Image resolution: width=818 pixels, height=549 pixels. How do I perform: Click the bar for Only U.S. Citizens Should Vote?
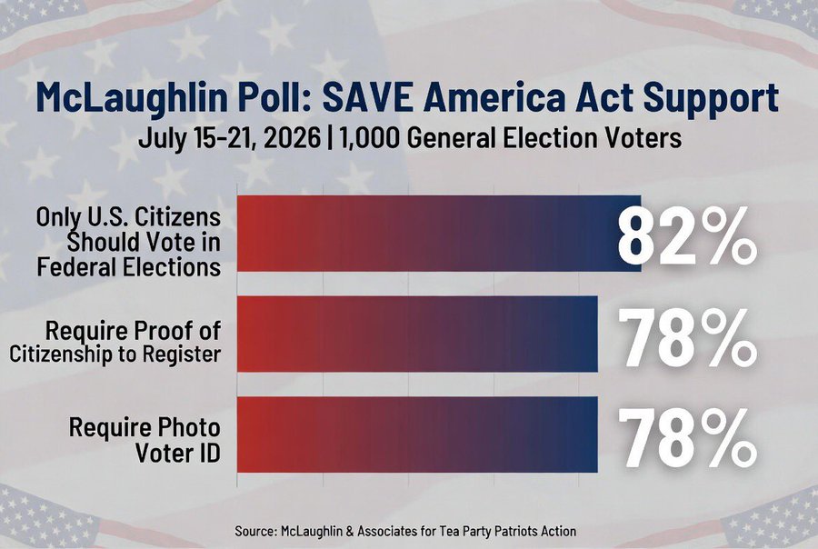point(439,234)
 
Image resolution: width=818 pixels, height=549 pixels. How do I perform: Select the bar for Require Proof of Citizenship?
point(417,334)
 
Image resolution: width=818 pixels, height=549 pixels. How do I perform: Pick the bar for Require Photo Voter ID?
point(417,434)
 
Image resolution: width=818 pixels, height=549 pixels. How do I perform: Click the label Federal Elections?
point(129,267)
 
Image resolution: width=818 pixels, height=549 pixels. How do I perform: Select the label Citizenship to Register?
point(115,354)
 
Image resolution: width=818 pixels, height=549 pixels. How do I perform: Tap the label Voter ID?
point(178,453)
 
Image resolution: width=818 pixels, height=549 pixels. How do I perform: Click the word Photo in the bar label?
point(189,427)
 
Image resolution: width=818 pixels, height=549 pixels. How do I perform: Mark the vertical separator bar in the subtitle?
point(330,139)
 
